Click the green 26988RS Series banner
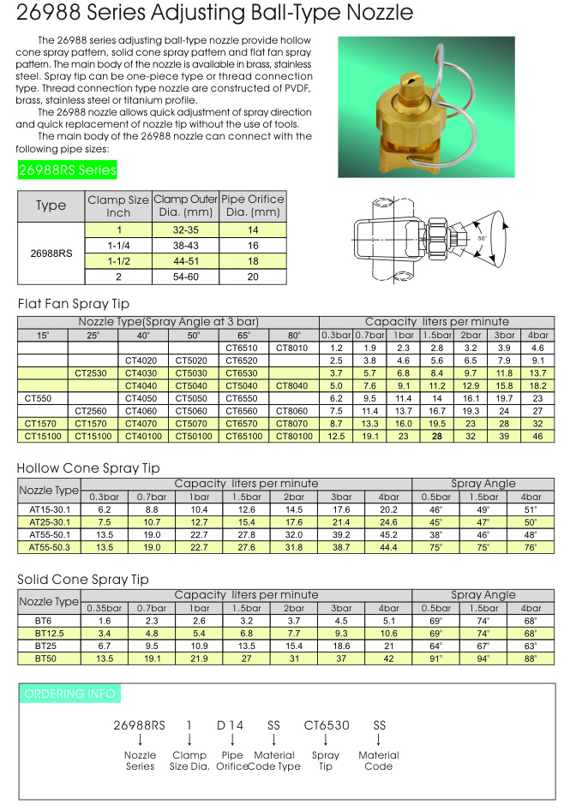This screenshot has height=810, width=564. coord(68,170)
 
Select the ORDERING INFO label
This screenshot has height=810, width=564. coord(69,694)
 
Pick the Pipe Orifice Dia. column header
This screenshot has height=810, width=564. coord(253,205)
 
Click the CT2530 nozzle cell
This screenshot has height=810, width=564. coord(91,372)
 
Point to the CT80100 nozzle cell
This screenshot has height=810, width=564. coord(292,437)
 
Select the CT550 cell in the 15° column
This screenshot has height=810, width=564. coord(41,398)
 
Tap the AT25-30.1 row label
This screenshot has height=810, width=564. coord(49,522)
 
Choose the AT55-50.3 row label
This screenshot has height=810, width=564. coord(49,546)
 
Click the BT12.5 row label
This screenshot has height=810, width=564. coord(49,634)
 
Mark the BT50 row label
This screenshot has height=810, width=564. coord(49,658)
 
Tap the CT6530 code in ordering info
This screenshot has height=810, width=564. coord(327,725)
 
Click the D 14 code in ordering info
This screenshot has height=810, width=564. coord(231,725)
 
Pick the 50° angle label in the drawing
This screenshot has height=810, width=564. coord(482,239)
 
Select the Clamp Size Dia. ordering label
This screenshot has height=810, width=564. coord(189,760)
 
